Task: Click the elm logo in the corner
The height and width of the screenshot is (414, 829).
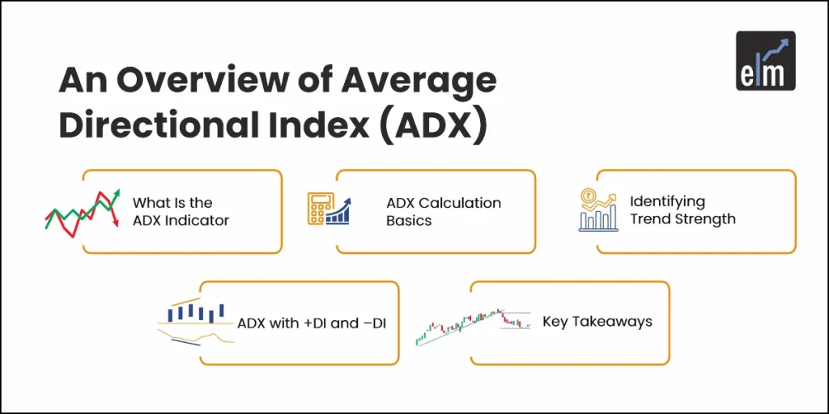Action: [x=765, y=61]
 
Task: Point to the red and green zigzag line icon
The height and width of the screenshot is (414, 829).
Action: [x=82, y=212]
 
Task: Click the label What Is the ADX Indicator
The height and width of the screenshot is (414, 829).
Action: [x=181, y=211]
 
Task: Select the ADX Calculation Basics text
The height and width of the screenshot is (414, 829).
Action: [x=443, y=211]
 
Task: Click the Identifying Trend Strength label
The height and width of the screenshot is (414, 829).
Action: [x=682, y=209]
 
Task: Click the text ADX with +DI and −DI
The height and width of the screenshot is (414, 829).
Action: [x=311, y=323]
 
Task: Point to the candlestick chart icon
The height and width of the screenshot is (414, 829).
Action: [x=473, y=325]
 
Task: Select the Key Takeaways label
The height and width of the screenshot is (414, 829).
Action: [x=597, y=322]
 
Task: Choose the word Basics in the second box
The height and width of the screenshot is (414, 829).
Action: [x=409, y=220]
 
